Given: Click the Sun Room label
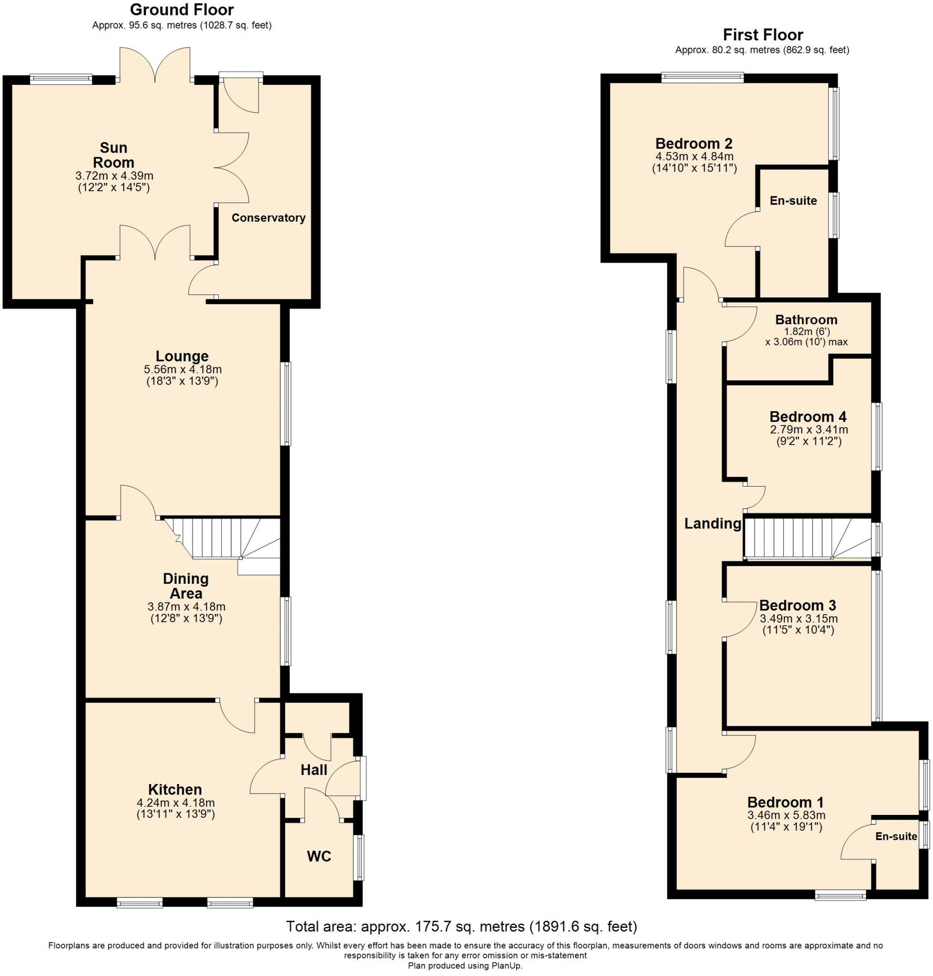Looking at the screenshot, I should pos(113,155).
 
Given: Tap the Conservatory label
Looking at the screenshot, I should pos(268,218).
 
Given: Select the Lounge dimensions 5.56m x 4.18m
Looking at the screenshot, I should pos(183,369).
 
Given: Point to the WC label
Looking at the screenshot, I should pos(319,856).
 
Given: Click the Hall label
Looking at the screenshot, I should pos(314,770).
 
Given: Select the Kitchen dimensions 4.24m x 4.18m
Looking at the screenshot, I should pos(175,803).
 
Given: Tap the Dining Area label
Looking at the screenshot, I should pos(185,586).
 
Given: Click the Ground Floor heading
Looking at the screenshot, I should pos(182,10).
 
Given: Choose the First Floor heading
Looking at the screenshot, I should pos(762,35).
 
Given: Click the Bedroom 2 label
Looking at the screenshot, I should pos(694,144).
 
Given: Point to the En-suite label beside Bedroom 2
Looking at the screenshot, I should pos(793,201).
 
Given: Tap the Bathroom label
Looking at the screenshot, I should pos(806,320).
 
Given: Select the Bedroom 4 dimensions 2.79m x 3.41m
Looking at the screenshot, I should pos(809,429).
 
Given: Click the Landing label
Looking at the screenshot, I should pos(712,524).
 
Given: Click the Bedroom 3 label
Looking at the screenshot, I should pos(797,606).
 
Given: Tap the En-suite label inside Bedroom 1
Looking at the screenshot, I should pos(896,837).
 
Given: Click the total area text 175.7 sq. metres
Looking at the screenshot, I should pos(442,927).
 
